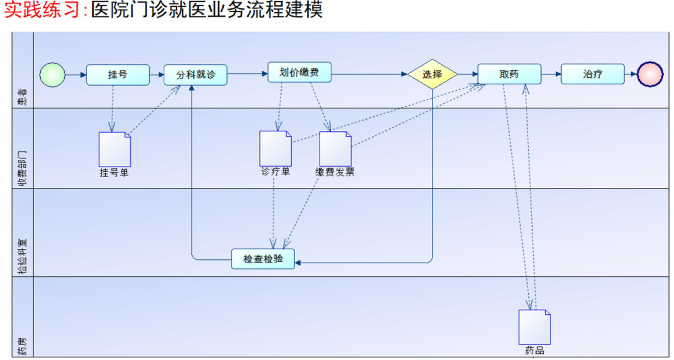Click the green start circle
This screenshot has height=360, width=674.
pyautogui.click(x=53, y=74)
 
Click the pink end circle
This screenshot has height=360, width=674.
pyautogui.click(x=650, y=74)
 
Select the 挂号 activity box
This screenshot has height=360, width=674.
pyautogui.click(x=118, y=74)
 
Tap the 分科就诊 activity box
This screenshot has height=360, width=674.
pyautogui.click(x=196, y=75)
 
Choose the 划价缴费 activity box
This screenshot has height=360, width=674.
pyautogui.click(x=300, y=72)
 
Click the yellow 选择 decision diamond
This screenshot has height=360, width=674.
pyautogui.click(x=433, y=74)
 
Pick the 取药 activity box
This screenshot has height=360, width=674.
pyautogui.click(x=509, y=74)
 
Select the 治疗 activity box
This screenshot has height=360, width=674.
pyautogui.click(x=592, y=74)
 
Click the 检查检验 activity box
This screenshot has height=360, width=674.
pyautogui.click(x=263, y=259)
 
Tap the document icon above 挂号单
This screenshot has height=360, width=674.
pyautogui.click(x=115, y=149)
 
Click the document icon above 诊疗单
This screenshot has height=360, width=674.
pyautogui.click(x=276, y=148)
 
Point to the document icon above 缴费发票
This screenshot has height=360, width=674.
pyautogui.click(x=335, y=148)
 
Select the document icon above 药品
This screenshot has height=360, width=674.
pyautogui.click(x=535, y=327)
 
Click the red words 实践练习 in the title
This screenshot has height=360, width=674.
pyautogui.click(x=41, y=11)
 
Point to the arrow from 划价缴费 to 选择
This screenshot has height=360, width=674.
pyautogui.click(x=369, y=74)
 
